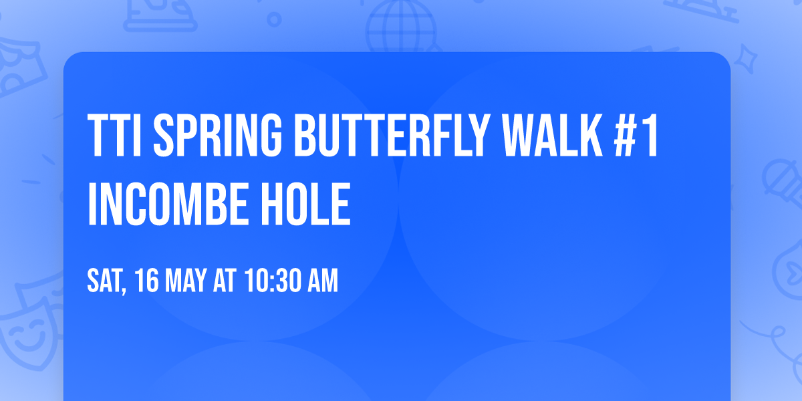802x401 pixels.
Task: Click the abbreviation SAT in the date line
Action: coord(104,282)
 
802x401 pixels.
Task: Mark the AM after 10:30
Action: coord(321,282)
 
